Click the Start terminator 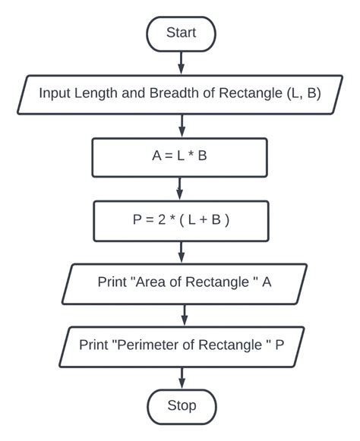pyautogui.click(x=181, y=32)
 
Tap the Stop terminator pyautogui.click(x=181, y=405)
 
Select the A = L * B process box pyautogui.click(x=179, y=157)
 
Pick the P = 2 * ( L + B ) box pyautogui.click(x=180, y=220)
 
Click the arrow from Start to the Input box pyautogui.click(x=181, y=62)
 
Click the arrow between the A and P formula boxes pyautogui.click(x=180, y=188)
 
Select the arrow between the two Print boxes pyautogui.click(x=182, y=313)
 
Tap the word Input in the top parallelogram pyautogui.click(x=55, y=94)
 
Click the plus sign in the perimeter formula pyautogui.click(x=195, y=220)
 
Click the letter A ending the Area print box pyautogui.click(x=267, y=282)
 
